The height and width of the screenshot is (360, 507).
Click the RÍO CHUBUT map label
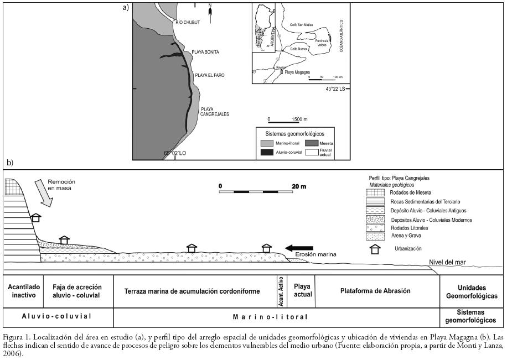[187, 22]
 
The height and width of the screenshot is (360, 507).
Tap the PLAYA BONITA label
[205, 52]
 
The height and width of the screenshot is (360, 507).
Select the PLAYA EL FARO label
[208, 75]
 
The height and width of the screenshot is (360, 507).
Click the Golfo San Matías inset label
[301, 24]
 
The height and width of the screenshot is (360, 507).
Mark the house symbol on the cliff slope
[35, 217]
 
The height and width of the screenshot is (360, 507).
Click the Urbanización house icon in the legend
[375, 248]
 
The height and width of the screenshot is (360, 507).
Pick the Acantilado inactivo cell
[23, 291]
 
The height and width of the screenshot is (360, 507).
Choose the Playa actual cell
[302, 291]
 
